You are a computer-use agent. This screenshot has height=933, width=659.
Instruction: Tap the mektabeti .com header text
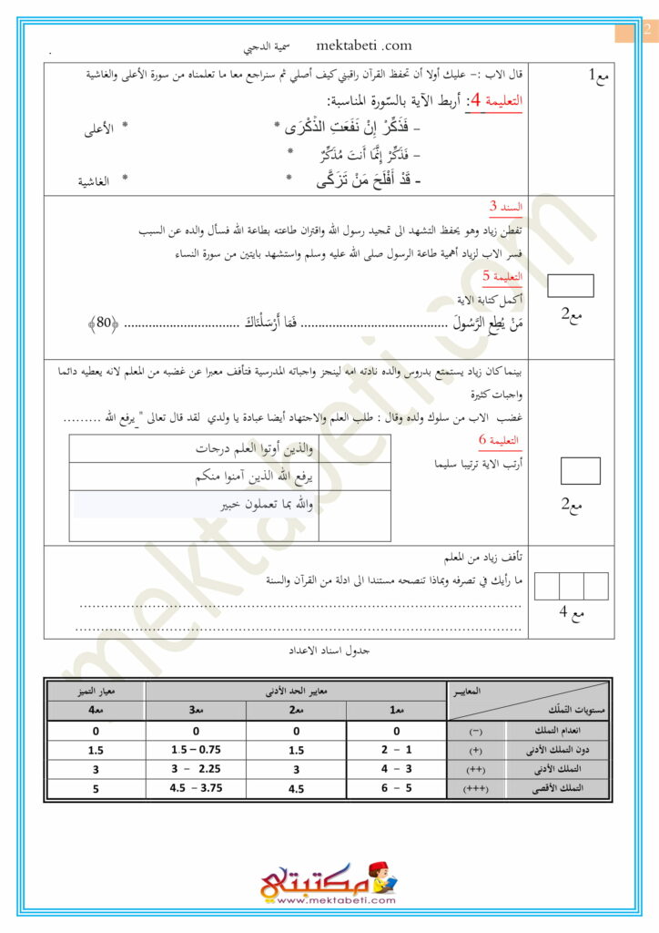[364, 46]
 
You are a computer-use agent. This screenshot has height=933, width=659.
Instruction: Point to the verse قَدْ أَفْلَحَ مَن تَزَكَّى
[368, 180]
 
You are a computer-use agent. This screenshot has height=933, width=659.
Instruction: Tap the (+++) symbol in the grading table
[476, 787]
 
